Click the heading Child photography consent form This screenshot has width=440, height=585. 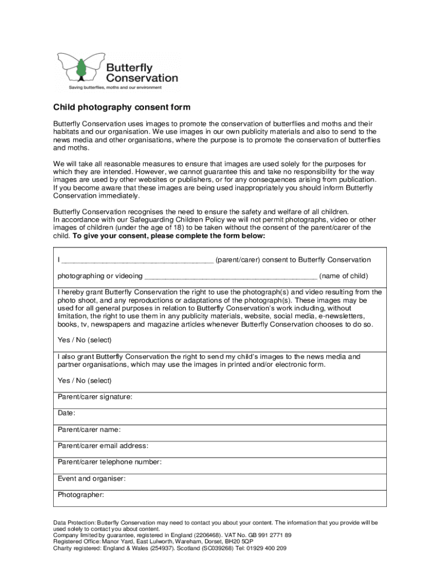(x=122, y=107)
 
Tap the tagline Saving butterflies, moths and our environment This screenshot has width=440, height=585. (x=115, y=87)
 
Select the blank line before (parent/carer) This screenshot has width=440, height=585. (x=137, y=261)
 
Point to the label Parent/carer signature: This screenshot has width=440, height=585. (x=95, y=396)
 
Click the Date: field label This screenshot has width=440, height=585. (x=67, y=413)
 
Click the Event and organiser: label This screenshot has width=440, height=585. (x=91, y=479)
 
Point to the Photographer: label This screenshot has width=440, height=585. (x=81, y=495)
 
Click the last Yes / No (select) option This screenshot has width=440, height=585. (x=85, y=380)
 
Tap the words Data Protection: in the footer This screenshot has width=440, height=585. (x=74, y=523)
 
